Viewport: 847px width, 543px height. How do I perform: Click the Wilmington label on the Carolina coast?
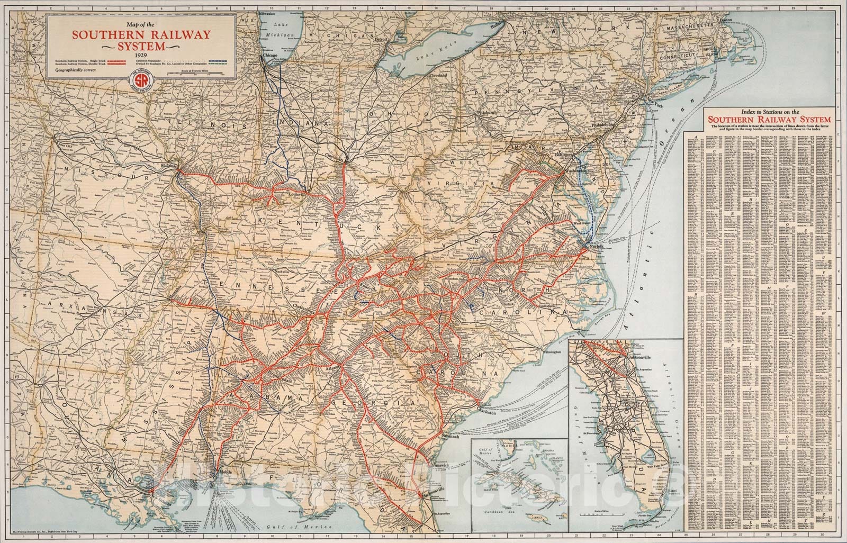[546, 351]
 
